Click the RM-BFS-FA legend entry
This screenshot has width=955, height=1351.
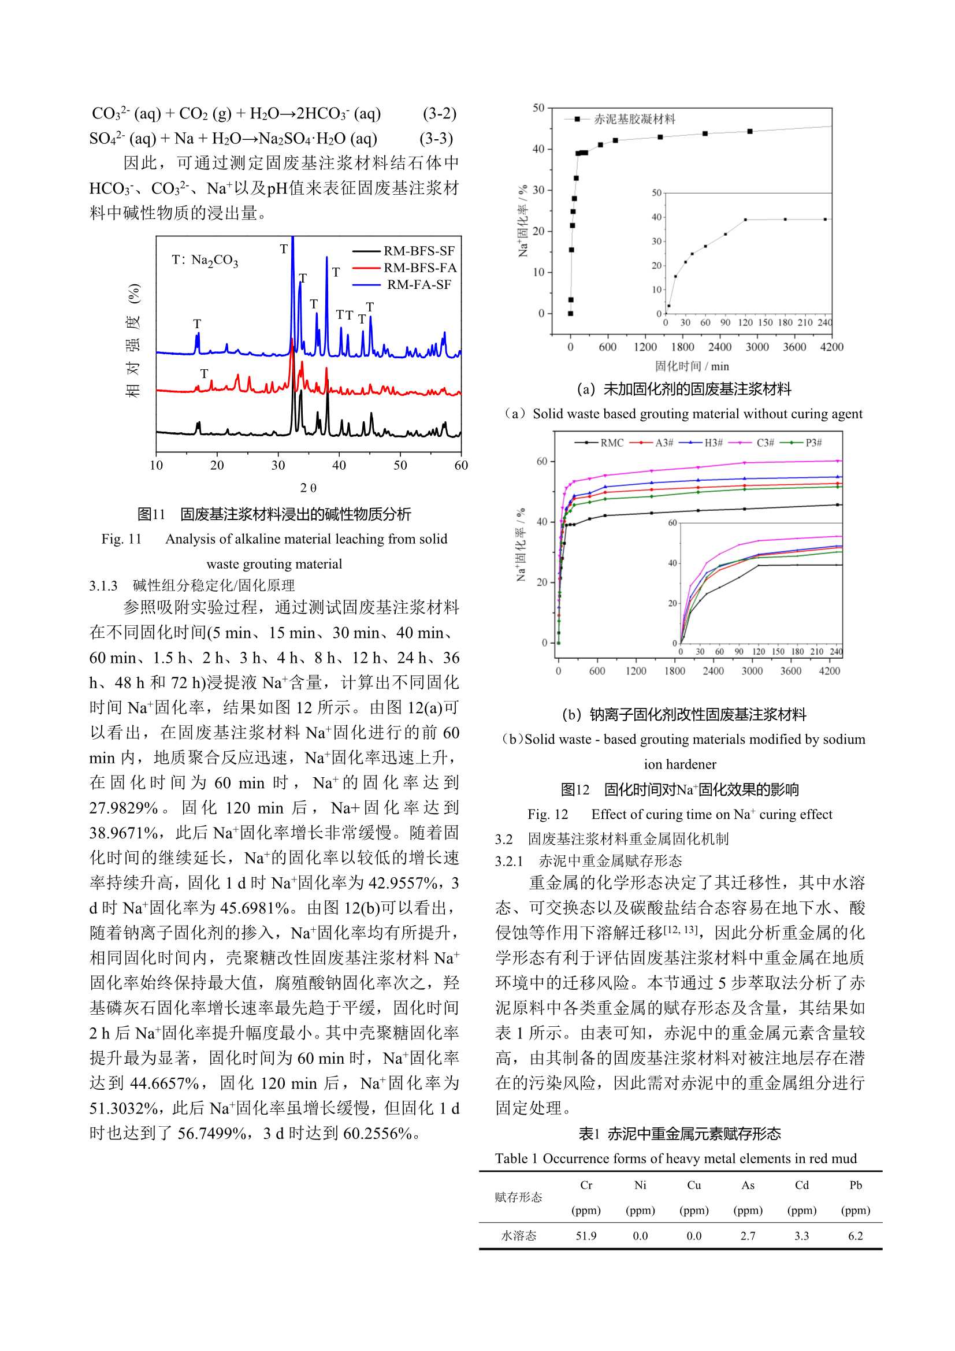click(419, 268)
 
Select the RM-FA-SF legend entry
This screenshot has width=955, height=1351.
click(419, 285)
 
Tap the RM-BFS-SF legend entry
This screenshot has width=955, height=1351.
click(419, 251)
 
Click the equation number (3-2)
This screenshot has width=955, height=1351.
click(439, 114)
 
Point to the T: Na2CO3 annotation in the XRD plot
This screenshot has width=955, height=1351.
click(205, 259)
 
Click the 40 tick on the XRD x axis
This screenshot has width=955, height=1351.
click(339, 465)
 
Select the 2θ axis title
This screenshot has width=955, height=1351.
click(308, 488)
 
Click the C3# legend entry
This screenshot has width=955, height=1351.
click(765, 443)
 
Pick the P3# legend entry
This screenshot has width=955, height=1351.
click(814, 443)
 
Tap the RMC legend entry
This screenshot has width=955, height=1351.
click(611, 443)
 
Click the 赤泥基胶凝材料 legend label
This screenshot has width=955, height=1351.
click(634, 120)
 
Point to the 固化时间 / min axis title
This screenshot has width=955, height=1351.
click(692, 366)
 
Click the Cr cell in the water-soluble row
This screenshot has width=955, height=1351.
click(586, 1235)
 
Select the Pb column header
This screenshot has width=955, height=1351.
click(856, 1185)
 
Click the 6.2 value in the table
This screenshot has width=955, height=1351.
click(856, 1235)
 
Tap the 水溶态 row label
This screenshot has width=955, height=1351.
click(518, 1235)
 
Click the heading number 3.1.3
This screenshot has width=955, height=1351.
click(103, 585)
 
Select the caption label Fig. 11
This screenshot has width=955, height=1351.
click(122, 539)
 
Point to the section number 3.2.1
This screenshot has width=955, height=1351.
click(509, 861)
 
